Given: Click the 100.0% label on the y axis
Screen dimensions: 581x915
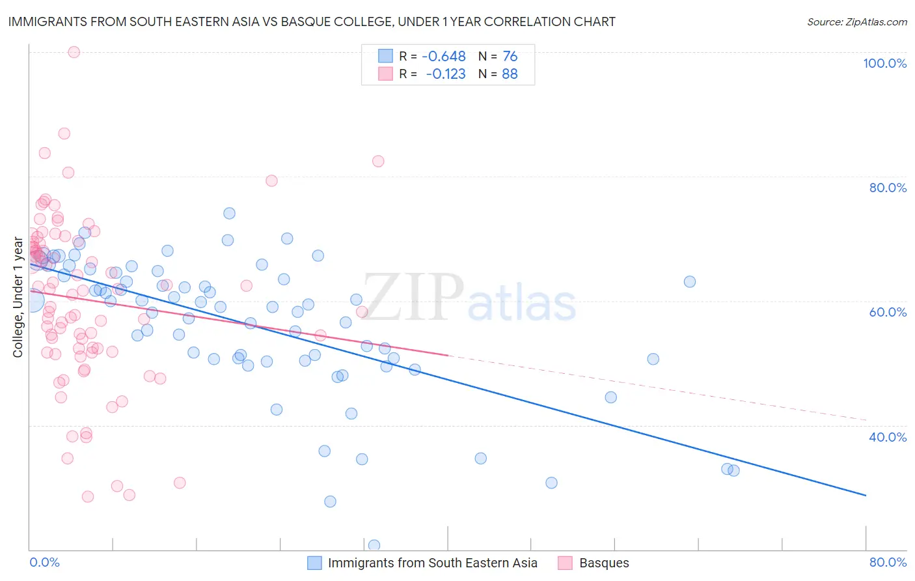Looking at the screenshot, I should click(884, 63).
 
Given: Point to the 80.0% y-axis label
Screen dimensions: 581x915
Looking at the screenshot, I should click(888, 188).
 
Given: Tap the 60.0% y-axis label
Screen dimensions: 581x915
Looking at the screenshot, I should click(888, 312).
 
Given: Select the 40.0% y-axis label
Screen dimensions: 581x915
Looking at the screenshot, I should click(888, 437).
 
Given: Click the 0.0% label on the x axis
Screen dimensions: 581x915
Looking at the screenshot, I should click(44, 562).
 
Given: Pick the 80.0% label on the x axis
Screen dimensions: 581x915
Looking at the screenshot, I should click(888, 562).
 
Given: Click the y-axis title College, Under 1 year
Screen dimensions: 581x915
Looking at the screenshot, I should click(18, 297).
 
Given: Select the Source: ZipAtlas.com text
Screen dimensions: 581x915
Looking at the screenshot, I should click(856, 21).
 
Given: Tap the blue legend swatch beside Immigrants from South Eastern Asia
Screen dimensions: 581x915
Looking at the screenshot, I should click(314, 563).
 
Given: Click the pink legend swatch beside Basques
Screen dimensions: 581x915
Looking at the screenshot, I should click(565, 563).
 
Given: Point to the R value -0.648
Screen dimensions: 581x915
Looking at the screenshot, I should click(444, 56).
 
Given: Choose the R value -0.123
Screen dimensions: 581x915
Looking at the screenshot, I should click(445, 74).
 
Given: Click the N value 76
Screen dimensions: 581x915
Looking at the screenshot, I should click(510, 56).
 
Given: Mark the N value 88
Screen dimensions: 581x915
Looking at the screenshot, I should click(510, 74).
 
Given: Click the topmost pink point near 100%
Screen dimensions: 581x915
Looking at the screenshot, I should click(74, 52).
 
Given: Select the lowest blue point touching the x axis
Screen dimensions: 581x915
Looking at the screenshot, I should click(374, 545).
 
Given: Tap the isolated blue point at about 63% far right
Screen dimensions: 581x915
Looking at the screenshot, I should click(689, 281).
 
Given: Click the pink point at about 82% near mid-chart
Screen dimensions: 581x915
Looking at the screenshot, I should click(378, 161).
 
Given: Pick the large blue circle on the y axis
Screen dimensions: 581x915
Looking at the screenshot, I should click(31, 300).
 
